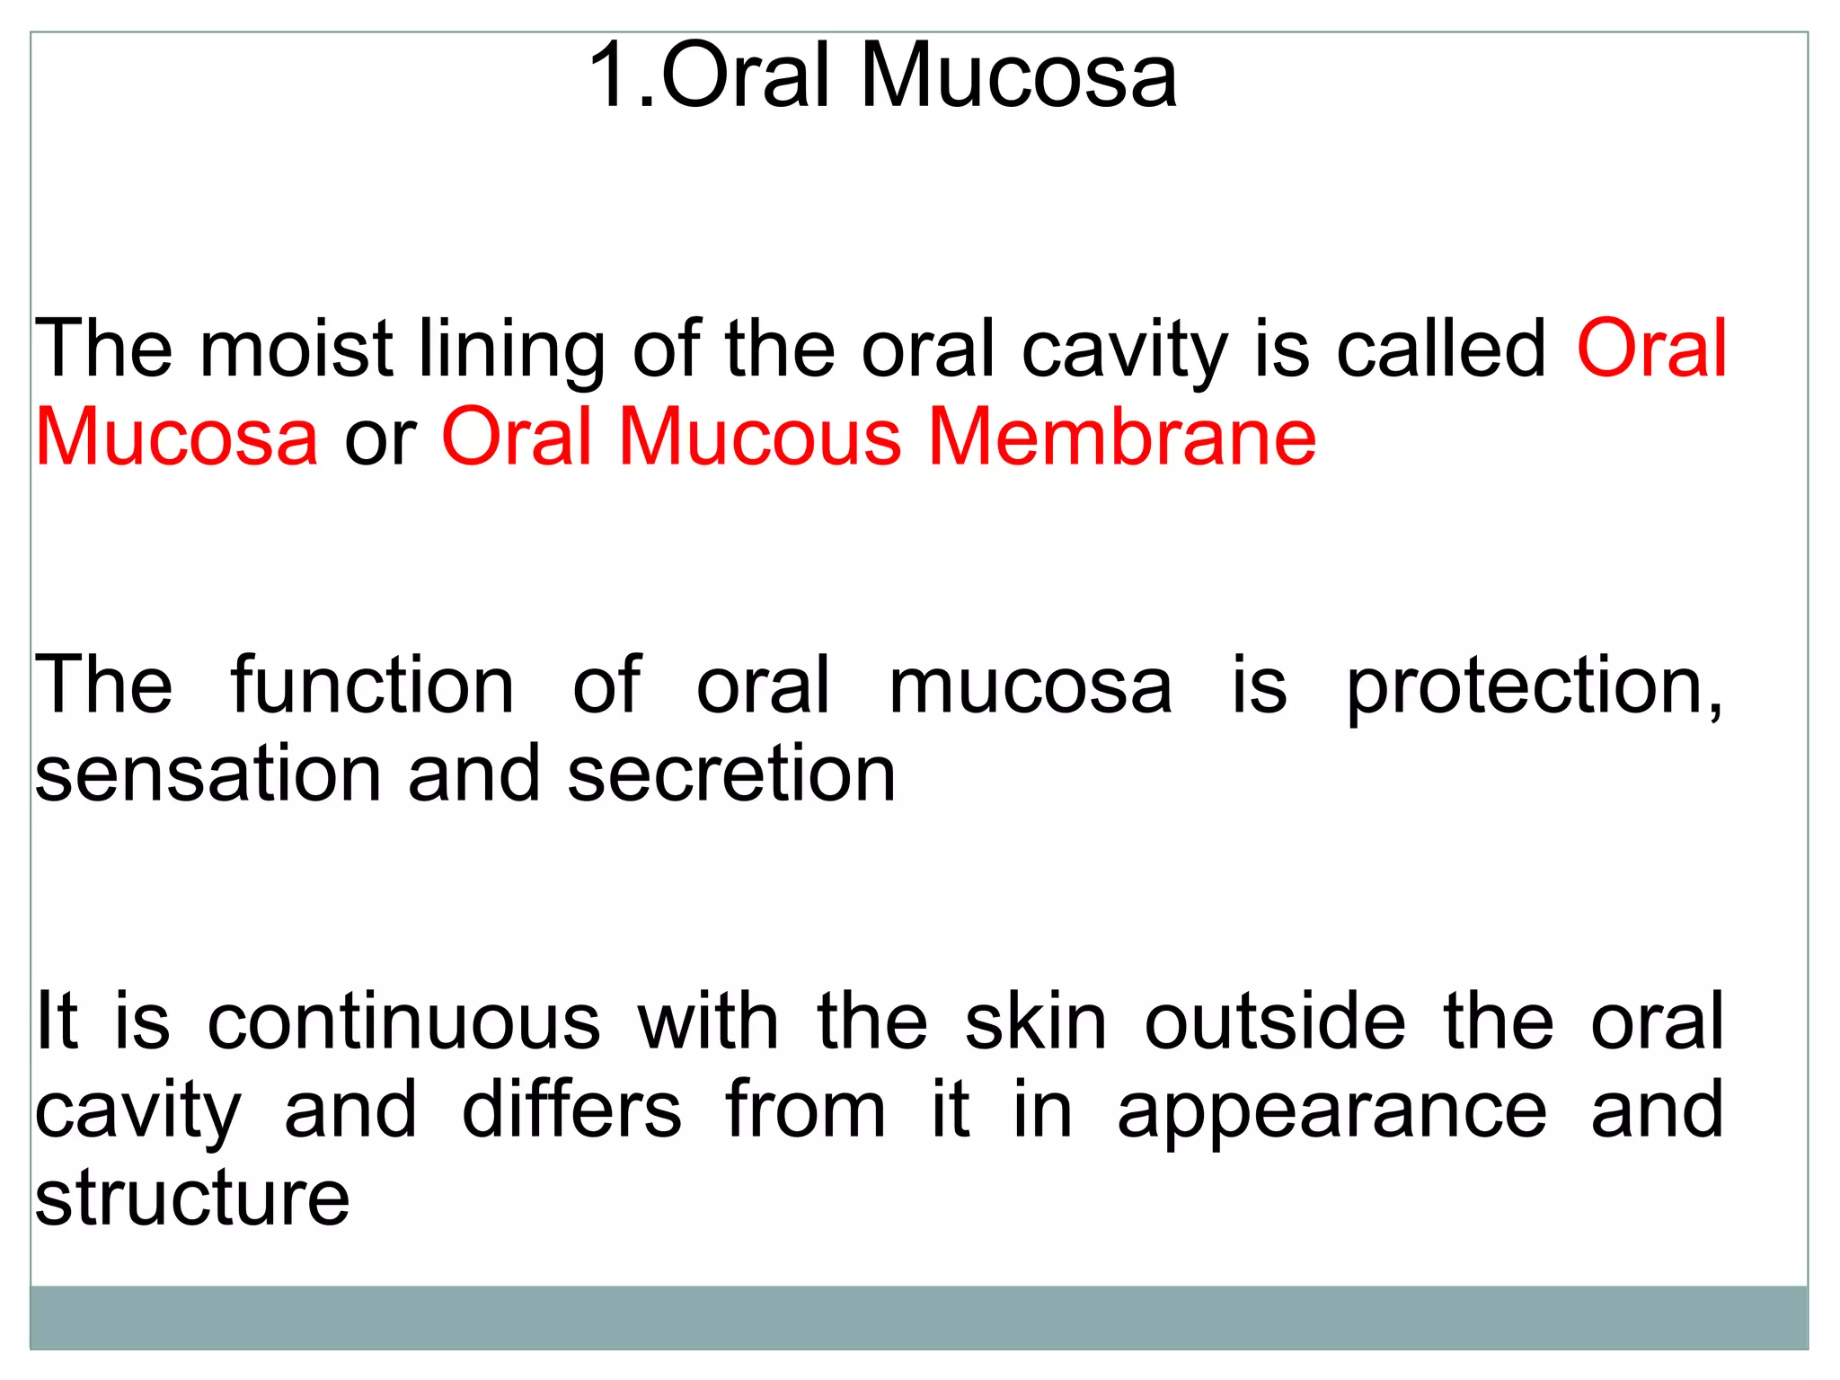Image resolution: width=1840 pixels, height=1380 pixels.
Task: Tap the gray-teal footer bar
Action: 919,1316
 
